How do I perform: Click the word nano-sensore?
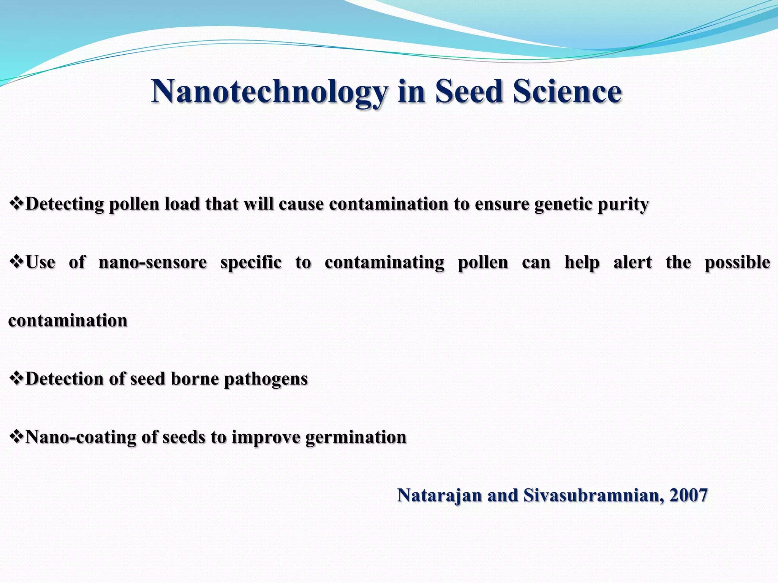(153, 262)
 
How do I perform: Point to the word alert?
(633, 262)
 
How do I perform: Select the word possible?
(737, 262)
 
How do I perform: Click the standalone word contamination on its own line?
(68, 321)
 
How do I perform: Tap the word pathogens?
(266, 379)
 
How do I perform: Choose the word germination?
(356, 437)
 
